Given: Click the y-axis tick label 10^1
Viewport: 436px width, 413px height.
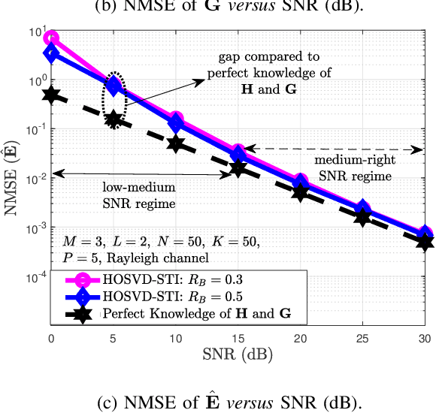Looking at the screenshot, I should (x=35, y=31).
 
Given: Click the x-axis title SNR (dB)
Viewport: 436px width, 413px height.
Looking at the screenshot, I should (x=238, y=353).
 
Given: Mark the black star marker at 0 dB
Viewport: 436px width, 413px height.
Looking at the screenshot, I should (x=51, y=95).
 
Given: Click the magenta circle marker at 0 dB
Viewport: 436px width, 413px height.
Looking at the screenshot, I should (x=51, y=38).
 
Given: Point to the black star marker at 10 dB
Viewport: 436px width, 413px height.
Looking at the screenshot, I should (x=176, y=143).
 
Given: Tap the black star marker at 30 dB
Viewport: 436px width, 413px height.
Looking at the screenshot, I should (x=425, y=242).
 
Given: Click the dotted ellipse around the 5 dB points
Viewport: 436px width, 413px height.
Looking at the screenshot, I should (x=114, y=100).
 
